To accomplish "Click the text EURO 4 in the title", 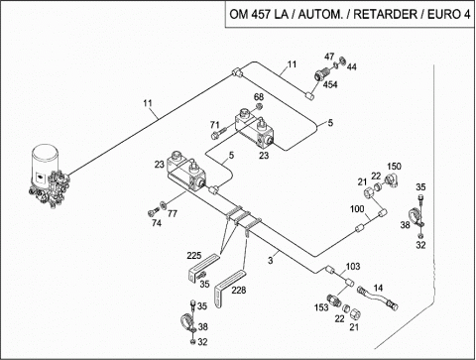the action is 449,15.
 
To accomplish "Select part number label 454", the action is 330,85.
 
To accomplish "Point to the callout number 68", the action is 259,97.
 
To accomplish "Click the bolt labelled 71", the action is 219,133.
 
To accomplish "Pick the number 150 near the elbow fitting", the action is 394,166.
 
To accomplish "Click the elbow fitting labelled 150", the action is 393,180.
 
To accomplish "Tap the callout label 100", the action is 357,209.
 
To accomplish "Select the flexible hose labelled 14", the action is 378,298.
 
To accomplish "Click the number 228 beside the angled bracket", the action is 239,291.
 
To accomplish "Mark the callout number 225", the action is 194,256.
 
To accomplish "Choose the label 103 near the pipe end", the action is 353,267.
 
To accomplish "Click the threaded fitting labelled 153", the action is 333,300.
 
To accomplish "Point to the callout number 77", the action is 172,214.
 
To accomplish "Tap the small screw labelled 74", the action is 154,211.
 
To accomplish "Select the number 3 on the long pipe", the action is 271,261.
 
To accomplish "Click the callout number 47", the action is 329,57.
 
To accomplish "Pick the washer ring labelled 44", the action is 342,60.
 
